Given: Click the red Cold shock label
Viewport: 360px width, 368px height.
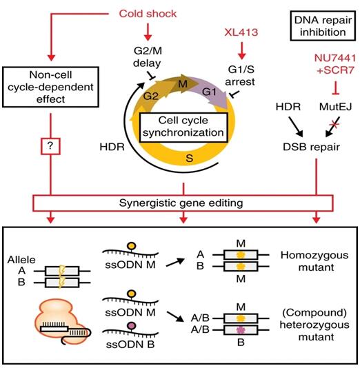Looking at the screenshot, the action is click(x=148, y=14).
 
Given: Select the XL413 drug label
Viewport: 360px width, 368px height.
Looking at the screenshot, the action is click(x=241, y=32).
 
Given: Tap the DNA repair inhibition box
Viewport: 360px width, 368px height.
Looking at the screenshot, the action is click(x=323, y=25).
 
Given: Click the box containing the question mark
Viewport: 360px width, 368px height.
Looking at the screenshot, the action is click(x=50, y=146).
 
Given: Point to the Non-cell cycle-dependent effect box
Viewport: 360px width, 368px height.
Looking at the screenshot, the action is click(x=50, y=87).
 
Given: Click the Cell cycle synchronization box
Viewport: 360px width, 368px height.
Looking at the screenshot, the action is click(x=183, y=127).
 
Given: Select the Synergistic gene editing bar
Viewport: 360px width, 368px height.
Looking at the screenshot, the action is click(x=183, y=203).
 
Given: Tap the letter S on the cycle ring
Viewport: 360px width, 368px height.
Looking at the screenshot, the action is click(x=189, y=159).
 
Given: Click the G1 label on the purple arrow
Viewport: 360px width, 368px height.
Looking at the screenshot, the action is click(x=209, y=92).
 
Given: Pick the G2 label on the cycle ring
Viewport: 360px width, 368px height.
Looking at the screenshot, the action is click(x=151, y=96).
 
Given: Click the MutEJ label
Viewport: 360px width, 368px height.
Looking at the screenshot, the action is click(x=335, y=107).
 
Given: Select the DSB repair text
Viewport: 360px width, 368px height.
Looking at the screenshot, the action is click(x=312, y=147).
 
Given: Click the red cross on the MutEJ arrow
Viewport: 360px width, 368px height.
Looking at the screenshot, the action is click(x=334, y=124).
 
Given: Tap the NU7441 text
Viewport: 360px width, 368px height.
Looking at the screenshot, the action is click(x=335, y=58).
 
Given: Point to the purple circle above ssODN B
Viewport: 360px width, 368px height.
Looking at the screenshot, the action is click(x=131, y=325).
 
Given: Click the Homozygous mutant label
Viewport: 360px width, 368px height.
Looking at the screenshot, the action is click(x=314, y=261).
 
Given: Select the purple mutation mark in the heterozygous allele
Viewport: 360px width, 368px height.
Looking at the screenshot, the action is click(x=240, y=330).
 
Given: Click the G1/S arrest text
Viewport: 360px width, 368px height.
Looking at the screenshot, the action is click(x=241, y=75).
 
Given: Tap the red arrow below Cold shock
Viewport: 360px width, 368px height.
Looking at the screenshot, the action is click(x=148, y=32).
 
